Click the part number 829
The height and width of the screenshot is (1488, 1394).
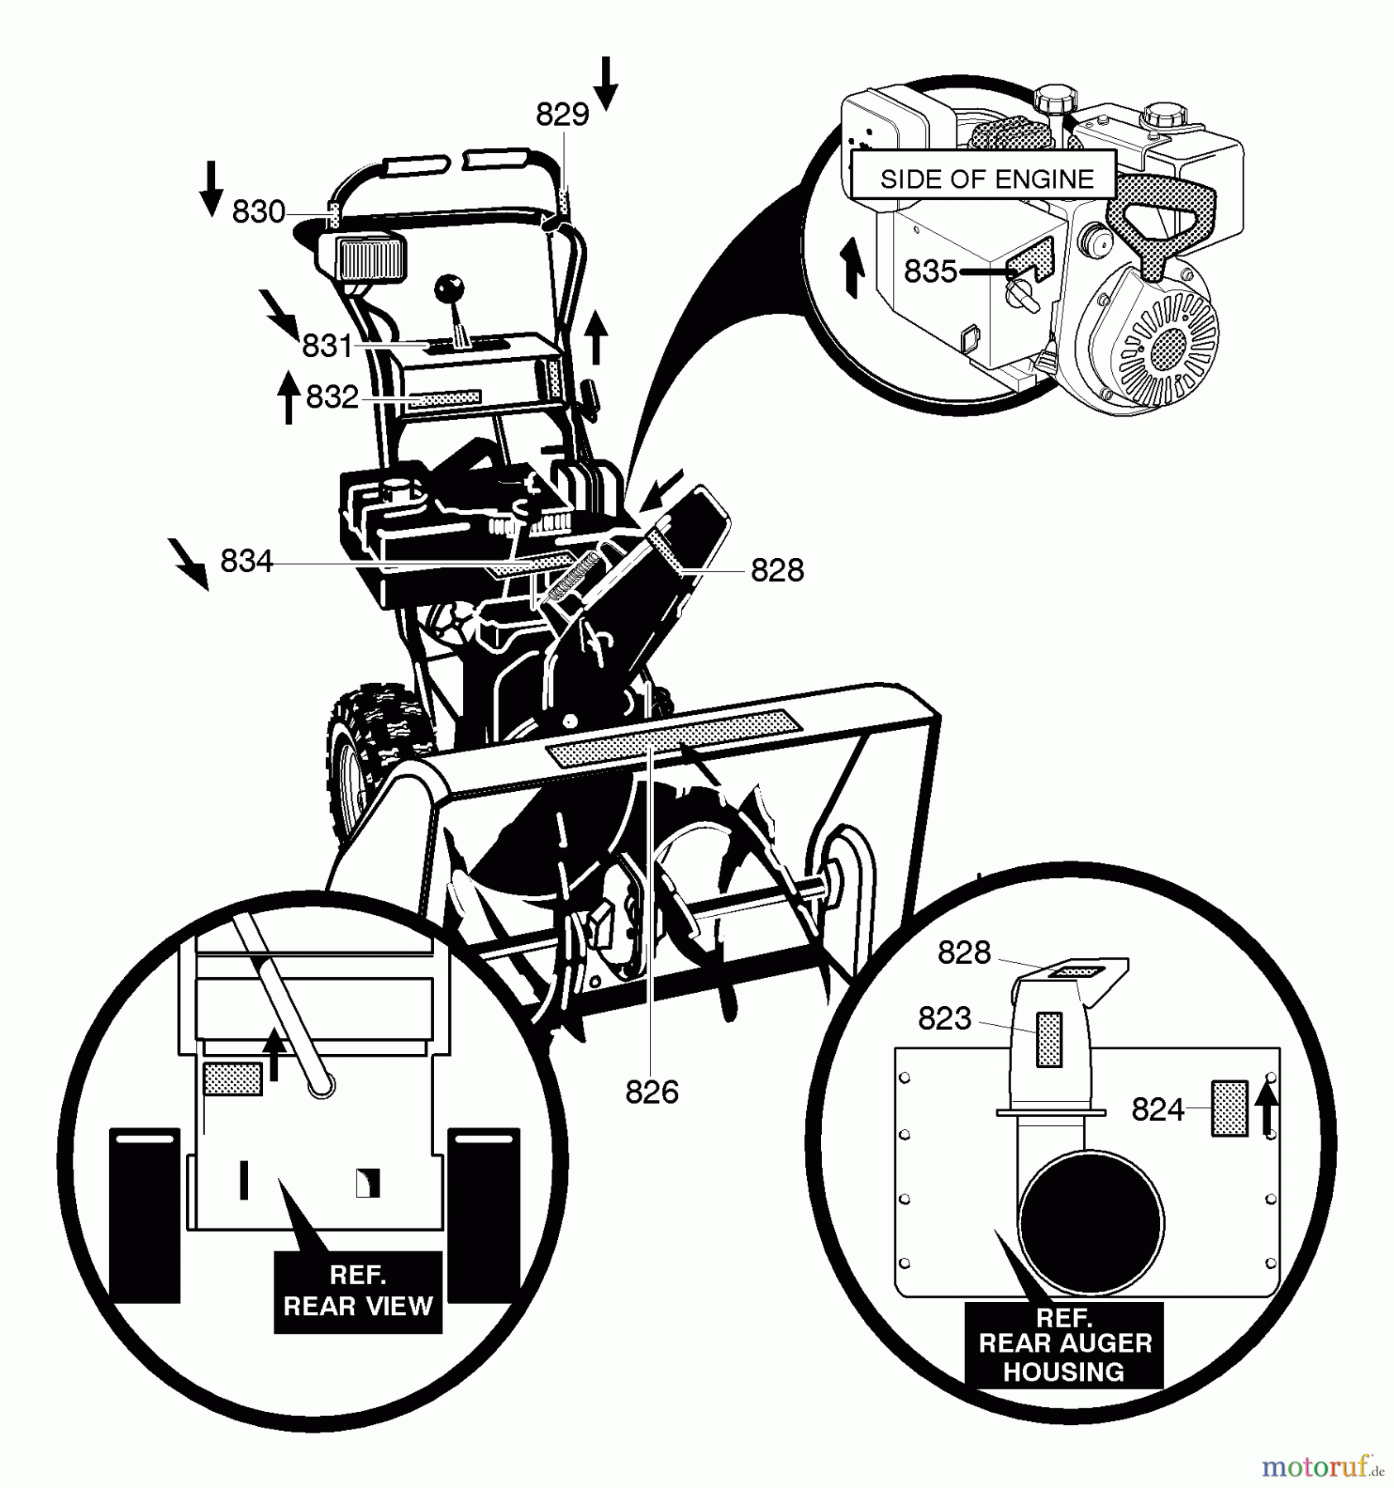pos(562,114)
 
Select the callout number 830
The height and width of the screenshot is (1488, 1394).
pos(258,212)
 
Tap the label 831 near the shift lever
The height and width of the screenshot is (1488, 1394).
pos(327,346)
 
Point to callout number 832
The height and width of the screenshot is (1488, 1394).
pos(332,398)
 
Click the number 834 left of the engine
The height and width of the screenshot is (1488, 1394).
pos(246,562)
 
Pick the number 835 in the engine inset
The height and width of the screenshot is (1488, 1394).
pos(930,271)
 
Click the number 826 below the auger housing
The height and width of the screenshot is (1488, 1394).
pos(652,1093)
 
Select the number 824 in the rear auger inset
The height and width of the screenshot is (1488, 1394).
pos(1158,1109)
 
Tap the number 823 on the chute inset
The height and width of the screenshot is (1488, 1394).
pos(944,1018)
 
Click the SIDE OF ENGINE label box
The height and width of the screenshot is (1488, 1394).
pos(986,179)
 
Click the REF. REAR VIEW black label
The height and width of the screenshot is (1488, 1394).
pos(358,1290)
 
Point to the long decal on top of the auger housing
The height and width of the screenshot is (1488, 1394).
pos(674,732)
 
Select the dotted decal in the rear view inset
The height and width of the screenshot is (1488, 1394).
pos(232,1079)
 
